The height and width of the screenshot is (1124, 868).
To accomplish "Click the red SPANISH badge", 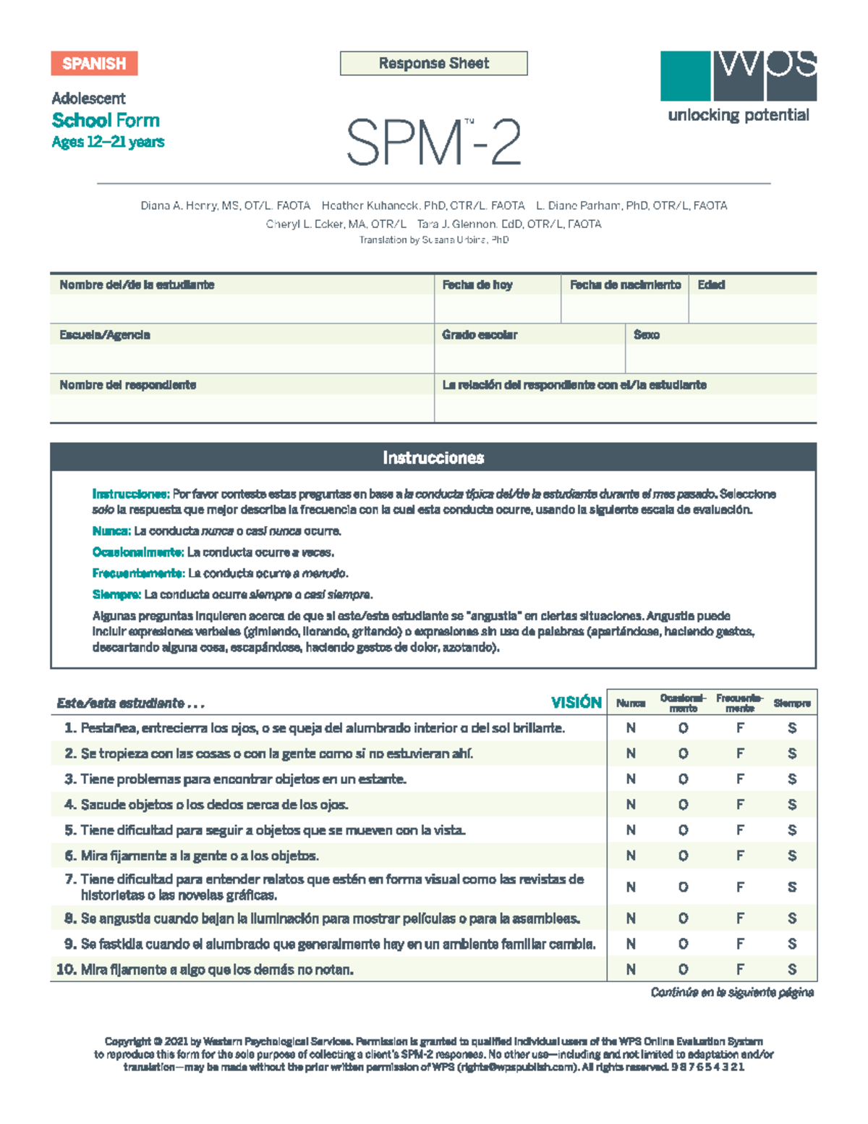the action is point(94,64).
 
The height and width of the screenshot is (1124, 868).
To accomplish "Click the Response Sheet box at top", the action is point(433,64).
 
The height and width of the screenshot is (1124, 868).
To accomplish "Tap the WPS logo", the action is point(738,76).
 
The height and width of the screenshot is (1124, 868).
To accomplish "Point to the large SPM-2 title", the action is point(433,143).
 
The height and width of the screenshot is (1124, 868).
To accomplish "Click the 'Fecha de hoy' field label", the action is point(477,285).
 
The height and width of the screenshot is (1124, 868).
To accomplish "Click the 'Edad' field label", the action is point(711,285).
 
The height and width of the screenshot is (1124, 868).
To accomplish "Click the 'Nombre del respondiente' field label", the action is point(128,385).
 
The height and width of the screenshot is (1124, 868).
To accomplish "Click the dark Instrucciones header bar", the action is point(433,457).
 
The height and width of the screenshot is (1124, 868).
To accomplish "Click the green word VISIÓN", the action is point(576,703).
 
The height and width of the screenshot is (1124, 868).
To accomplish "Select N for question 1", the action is point(631,728).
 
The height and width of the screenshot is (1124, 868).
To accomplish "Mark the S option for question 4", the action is point(792,805).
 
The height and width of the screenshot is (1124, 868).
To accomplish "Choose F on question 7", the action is point(740,887).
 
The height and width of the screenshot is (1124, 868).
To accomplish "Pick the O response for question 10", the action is point(683,970).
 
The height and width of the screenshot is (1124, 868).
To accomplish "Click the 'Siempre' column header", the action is point(792,703).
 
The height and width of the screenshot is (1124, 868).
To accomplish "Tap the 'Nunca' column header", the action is point(631,703).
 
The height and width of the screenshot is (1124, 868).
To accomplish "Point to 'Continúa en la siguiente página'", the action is point(732,992).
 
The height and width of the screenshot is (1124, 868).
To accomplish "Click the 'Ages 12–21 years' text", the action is point(108,142).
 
